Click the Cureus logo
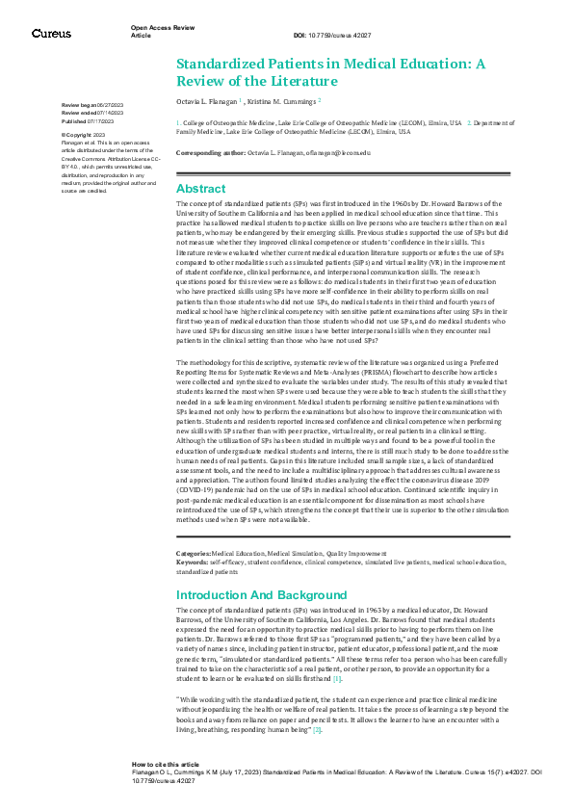tap(50, 34)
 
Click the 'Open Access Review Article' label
tap(157, 32)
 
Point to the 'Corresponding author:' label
tap(212, 152)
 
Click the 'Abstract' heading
tap(200, 189)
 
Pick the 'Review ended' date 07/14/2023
tap(110, 113)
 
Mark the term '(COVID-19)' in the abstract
tap(199, 485)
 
